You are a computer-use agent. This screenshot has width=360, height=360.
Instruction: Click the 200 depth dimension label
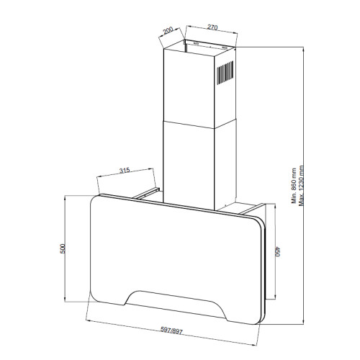[x=168, y=31]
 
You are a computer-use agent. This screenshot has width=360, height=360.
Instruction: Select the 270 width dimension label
[x=212, y=27]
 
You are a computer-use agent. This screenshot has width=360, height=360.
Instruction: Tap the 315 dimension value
[x=125, y=171]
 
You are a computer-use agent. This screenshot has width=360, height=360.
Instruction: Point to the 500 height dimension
[x=63, y=248]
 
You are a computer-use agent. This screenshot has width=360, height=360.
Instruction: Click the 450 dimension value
[x=278, y=251]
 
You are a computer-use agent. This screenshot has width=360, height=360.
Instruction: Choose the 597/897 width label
[x=171, y=330]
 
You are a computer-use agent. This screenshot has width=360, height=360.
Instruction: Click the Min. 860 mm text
[x=294, y=186]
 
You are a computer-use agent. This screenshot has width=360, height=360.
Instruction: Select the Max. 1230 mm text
[x=301, y=186]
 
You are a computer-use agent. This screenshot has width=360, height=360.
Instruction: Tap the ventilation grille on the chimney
[x=225, y=73]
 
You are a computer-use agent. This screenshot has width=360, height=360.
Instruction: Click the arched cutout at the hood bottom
[x=176, y=302]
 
